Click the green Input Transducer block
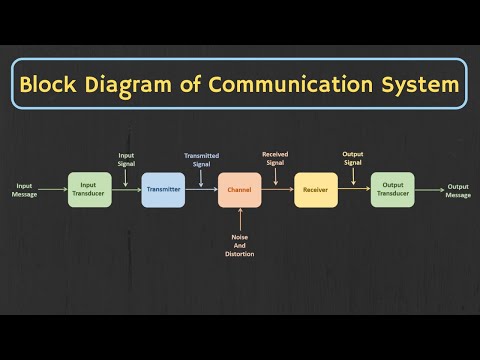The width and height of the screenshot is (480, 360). coord(89,190)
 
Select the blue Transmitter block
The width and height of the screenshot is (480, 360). coord(163,190)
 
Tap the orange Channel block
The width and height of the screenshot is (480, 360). coord(240,190)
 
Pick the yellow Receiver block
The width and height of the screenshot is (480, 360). coord(315,190)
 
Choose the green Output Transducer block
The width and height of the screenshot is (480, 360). coord(392,190)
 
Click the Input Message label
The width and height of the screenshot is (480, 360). coord(24,190)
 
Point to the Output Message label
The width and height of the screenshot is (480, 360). coord(458,190)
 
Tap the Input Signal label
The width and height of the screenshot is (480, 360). coord(126,158)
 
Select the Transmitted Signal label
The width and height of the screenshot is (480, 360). coord(202,158)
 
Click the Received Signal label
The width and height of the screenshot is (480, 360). coord(275,158)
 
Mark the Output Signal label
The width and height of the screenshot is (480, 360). coord(353,158)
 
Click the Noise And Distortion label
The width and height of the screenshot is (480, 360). coord(240,245)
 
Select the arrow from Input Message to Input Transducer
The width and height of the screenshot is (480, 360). coord(54,190)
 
